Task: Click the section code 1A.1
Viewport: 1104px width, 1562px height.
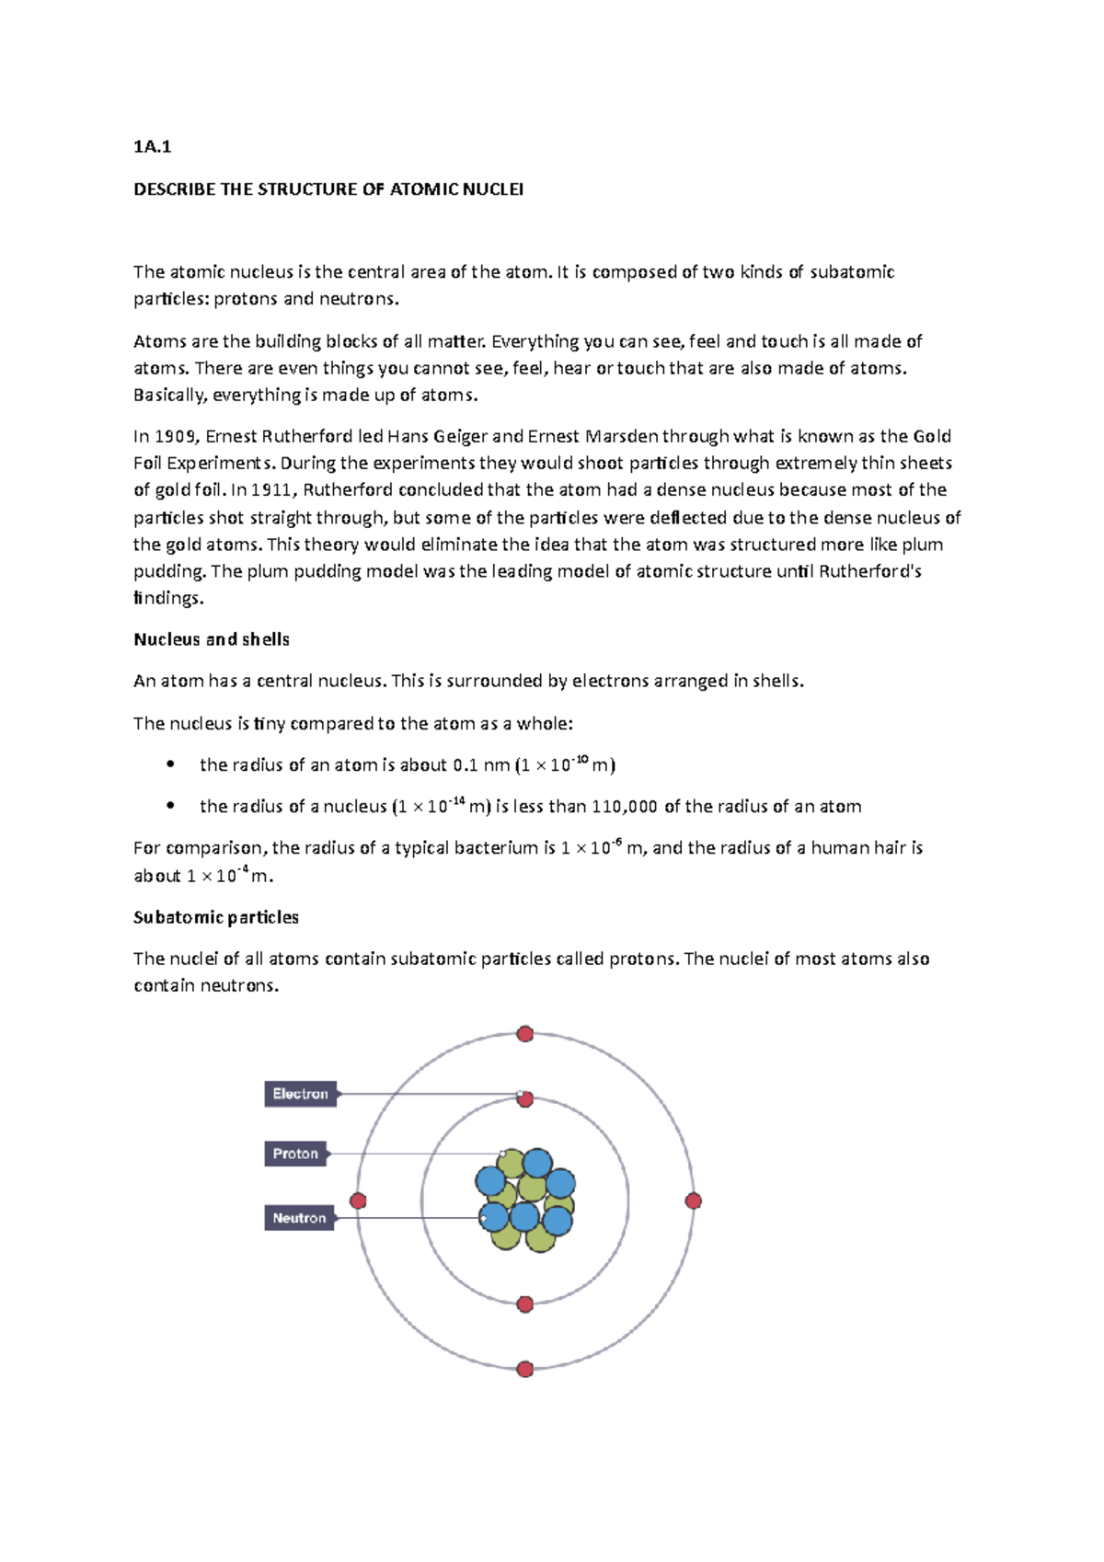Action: [x=152, y=146]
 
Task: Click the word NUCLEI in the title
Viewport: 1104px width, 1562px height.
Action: [x=493, y=190]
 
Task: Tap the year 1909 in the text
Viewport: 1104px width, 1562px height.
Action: [x=175, y=436]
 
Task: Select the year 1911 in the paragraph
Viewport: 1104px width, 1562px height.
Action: [x=272, y=489]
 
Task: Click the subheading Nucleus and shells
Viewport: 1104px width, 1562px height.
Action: [x=212, y=639]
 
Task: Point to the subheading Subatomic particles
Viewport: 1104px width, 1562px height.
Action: [x=216, y=917]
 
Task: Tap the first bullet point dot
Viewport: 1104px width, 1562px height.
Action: [x=170, y=764]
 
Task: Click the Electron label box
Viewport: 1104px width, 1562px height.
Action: [x=301, y=1094]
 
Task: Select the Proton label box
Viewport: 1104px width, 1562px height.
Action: [x=295, y=1154]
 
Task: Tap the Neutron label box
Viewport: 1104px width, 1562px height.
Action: [x=299, y=1218]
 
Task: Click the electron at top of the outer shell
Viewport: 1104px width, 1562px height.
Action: [x=525, y=1034]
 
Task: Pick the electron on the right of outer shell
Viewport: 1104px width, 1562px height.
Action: [x=694, y=1200]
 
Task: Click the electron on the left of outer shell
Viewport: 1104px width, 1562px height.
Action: [x=359, y=1200]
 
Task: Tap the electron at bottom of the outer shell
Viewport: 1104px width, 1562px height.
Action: [x=525, y=1370]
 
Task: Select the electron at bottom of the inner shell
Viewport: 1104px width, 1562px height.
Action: [x=525, y=1304]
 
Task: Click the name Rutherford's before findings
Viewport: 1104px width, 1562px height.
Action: [x=869, y=571]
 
